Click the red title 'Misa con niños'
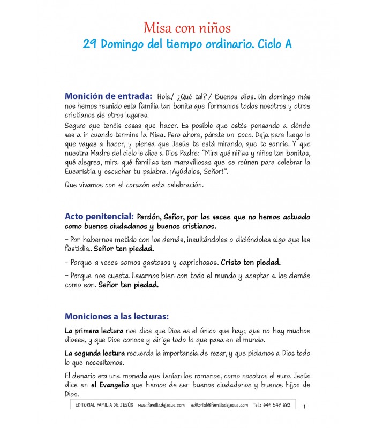pyautogui.click(x=187, y=28)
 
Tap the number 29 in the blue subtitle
pyautogui.click(x=91, y=44)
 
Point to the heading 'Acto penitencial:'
pyautogui.click(x=99, y=217)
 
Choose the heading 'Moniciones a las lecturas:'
pyautogui.click(x=117, y=316)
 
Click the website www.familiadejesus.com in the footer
pyautogui.click(x=161, y=405)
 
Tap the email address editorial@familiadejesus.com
pyautogui.click(x=219, y=405)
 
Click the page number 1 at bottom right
pyautogui.click(x=304, y=407)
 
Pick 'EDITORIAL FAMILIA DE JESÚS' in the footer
pyautogui.click(x=103, y=405)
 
